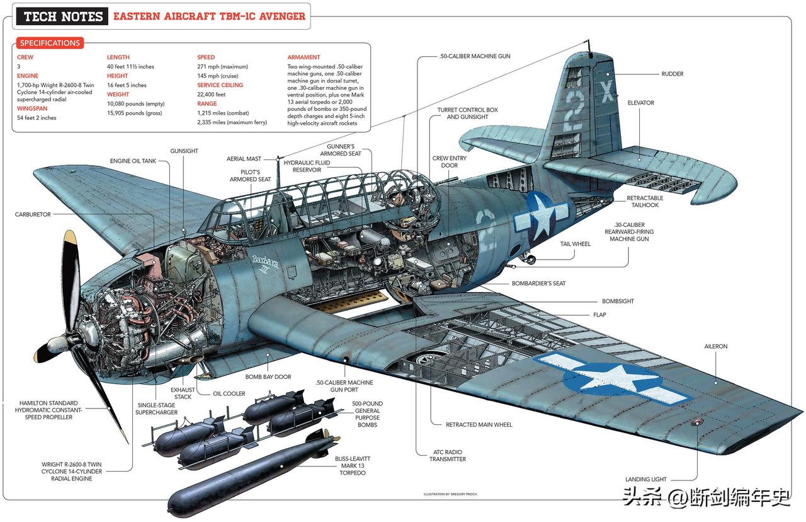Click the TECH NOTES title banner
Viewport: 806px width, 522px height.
pos(63,16)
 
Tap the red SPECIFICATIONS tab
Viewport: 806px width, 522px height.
pos(50,43)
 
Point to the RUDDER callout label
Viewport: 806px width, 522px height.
pos(672,74)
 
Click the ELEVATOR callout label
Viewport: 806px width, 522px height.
pos(640,103)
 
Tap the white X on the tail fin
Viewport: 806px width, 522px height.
pos(606,94)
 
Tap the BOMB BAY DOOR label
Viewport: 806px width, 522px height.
pos(268,377)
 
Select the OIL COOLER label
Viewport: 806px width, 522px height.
pos(229,394)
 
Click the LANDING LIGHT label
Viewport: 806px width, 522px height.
pos(645,479)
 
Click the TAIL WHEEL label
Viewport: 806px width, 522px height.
pos(576,244)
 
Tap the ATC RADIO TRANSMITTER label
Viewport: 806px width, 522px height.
pos(448,456)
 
